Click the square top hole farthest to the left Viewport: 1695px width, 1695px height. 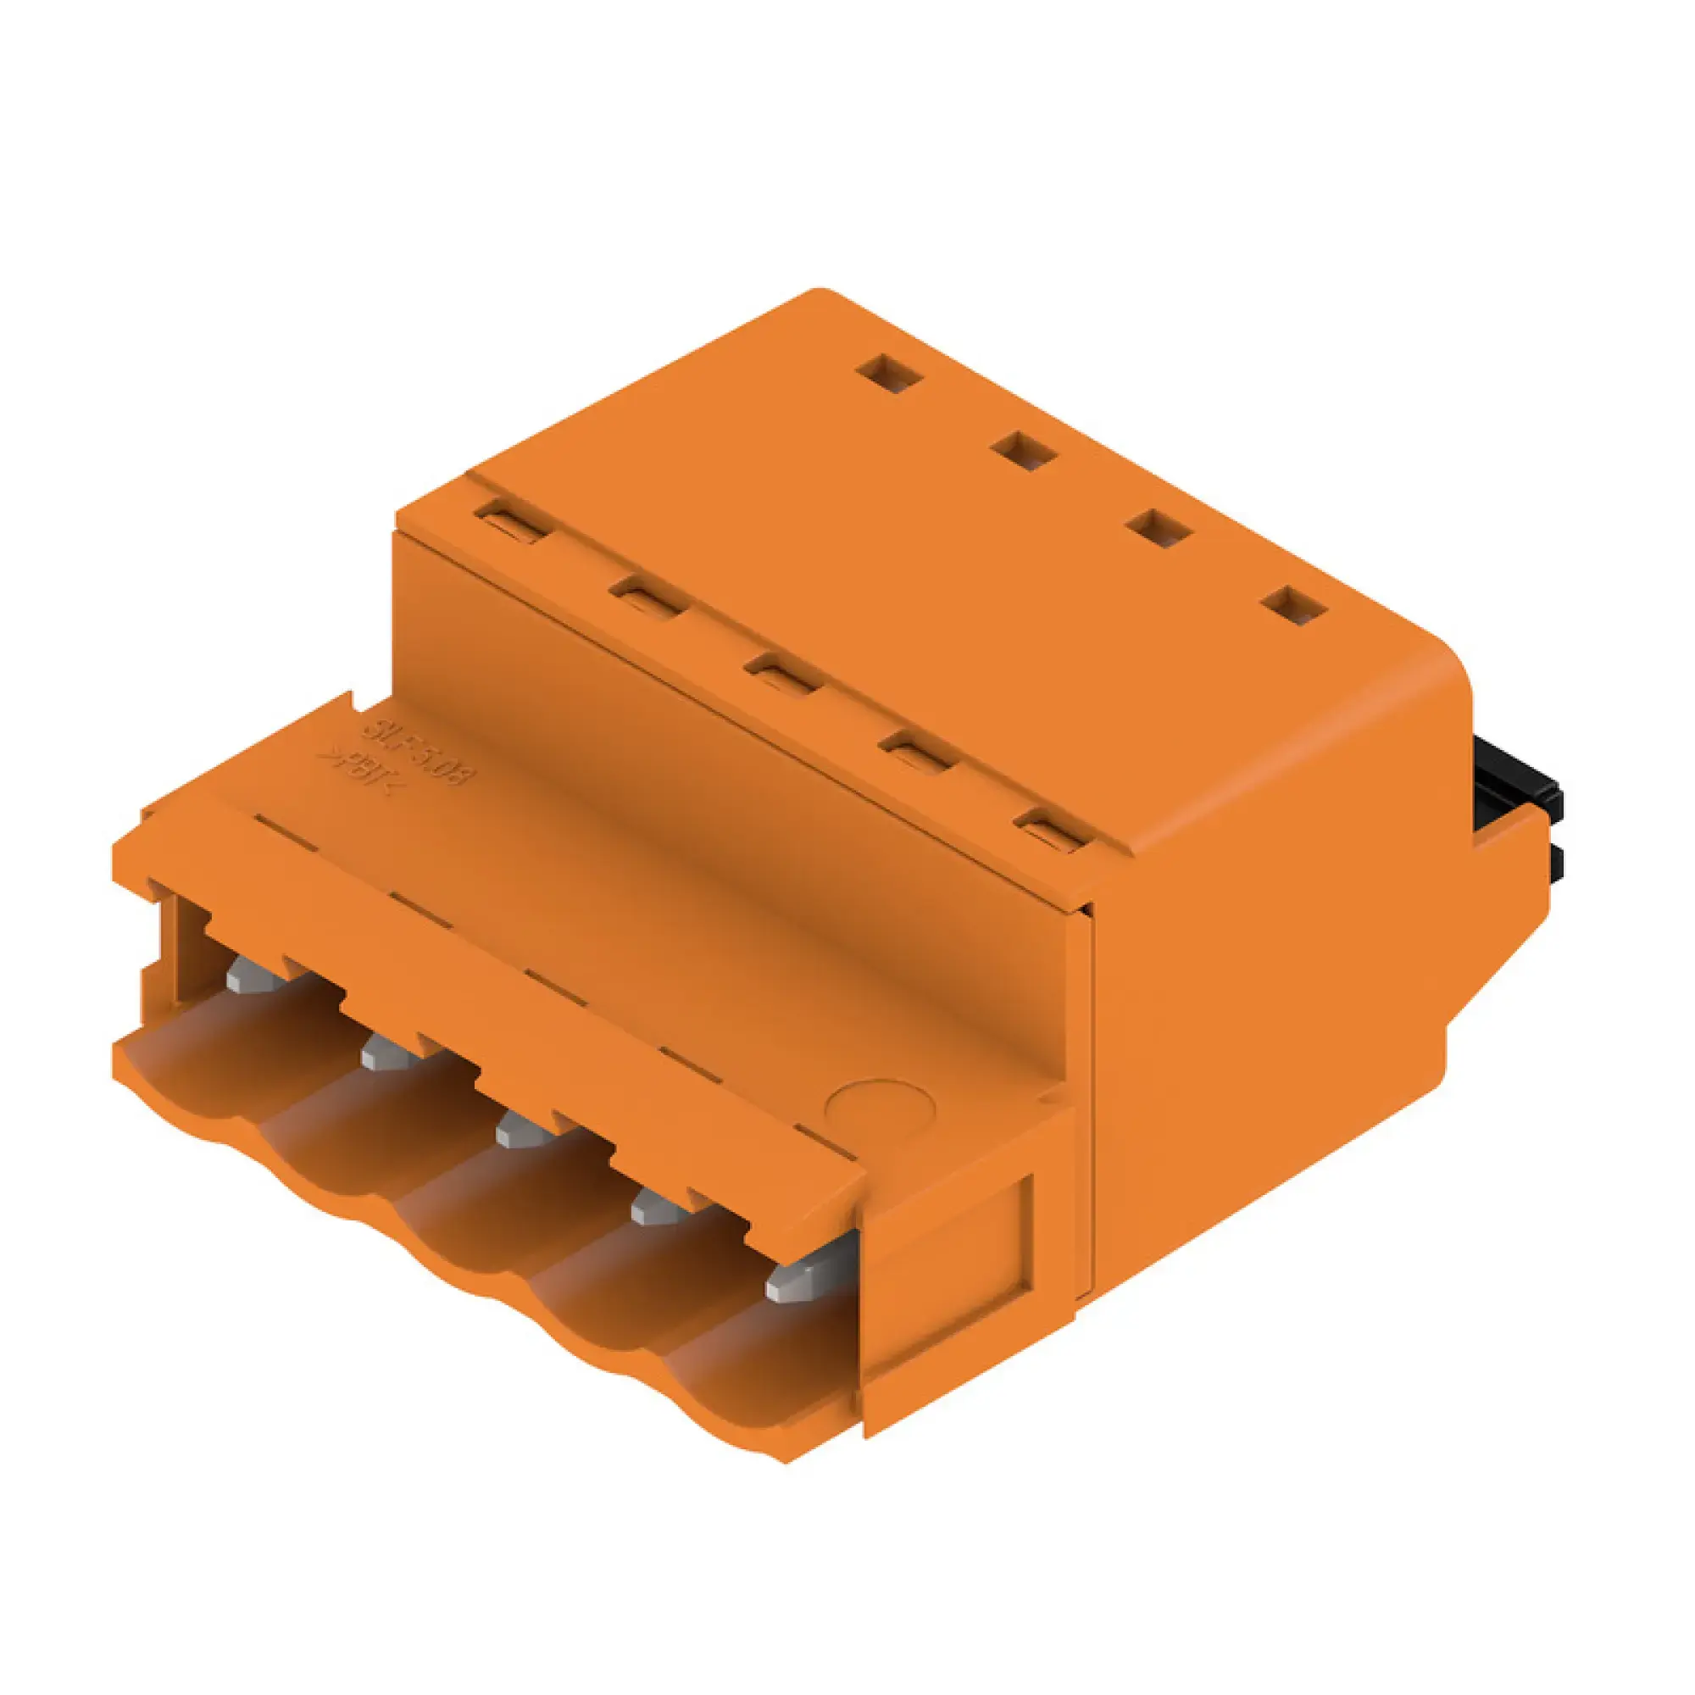(x=891, y=374)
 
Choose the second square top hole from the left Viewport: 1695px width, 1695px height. (x=1025, y=450)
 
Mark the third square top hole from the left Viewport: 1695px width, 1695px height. (x=1160, y=528)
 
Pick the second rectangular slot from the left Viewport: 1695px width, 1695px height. (x=649, y=597)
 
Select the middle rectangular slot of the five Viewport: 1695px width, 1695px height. (x=783, y=674)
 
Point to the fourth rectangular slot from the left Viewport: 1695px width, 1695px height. (x=917, y=752)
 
